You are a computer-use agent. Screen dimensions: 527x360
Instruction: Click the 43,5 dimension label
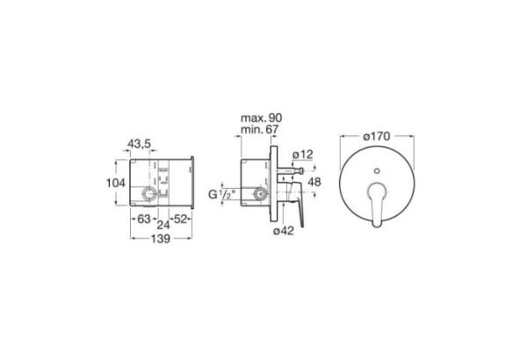click(139, 143)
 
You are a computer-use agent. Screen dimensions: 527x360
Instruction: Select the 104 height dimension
click(116, 183)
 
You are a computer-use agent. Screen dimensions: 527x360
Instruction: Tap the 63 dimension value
click(144, 220)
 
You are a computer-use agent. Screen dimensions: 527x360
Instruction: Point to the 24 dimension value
click(163, 225)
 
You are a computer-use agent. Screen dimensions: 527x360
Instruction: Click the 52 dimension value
click(180, 220)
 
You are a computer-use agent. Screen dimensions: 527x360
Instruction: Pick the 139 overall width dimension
click(161, 239)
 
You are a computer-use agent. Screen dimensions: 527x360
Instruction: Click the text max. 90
click(261, 118)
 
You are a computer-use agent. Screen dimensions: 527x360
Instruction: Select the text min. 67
click(259, 129)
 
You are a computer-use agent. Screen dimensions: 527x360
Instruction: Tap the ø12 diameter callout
click(303, 155)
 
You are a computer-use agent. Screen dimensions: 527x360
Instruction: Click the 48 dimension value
click(314, 182)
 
